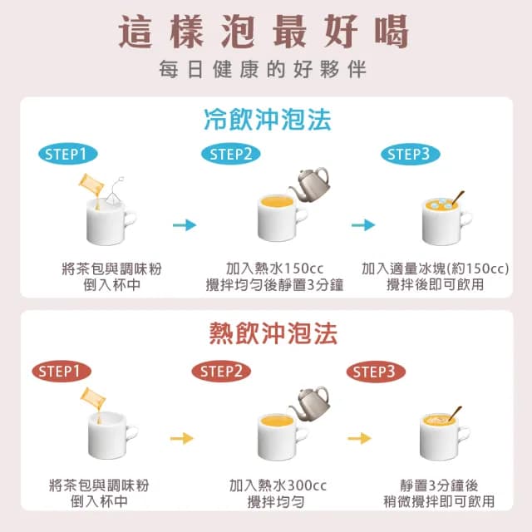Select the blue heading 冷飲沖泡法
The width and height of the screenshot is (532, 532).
click(267, 121)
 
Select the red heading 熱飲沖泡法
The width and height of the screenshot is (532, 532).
click(267, 334)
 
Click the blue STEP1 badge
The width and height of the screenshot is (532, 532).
click(68, 154)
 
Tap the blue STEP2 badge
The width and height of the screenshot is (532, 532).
click(230, 154)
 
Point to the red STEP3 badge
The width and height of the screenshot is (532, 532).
click(376, 371)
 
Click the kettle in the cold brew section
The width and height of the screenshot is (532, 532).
click(313, 181)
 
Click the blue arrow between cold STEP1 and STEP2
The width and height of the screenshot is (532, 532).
click(184, 224)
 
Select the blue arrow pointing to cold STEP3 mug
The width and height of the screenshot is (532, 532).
click(363, 224)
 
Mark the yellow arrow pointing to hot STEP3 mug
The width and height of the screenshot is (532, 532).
click(359, 438)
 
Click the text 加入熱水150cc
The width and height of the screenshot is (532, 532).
click(275, 269)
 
